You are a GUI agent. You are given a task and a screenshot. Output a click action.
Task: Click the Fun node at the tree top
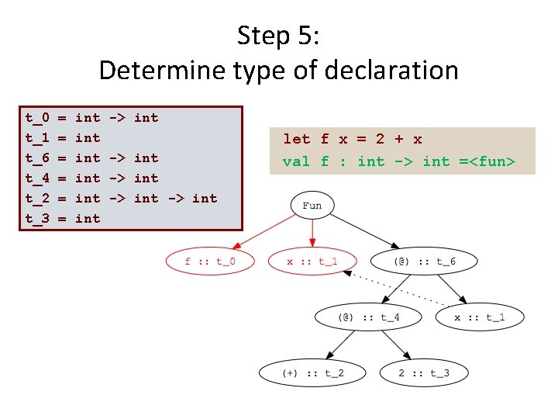(x=312, y=206)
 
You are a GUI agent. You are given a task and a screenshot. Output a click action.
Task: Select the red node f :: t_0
(x=210, y=261)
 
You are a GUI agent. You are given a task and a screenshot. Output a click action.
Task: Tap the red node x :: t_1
(x=312, y=261)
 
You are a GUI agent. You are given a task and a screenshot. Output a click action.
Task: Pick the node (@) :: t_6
(x=424, y=261)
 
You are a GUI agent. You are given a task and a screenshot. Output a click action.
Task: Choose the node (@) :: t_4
(x=368, y=317)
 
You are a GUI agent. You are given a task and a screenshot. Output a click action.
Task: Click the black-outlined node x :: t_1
(x=480, y=317)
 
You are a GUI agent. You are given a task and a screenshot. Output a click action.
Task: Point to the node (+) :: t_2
(x=312, y=373)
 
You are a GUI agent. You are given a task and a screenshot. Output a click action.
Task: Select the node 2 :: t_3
(x=424, y=373)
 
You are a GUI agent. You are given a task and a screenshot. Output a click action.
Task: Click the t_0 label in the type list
(x=37, y=118)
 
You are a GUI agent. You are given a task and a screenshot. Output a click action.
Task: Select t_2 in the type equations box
(x=37, y=198)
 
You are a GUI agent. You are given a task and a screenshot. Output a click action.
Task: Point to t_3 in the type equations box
(x=37, y=218)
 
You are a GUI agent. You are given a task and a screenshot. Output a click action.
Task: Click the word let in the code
(x=296, y=139)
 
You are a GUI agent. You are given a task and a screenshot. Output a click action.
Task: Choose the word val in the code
(x=296, y=161)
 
